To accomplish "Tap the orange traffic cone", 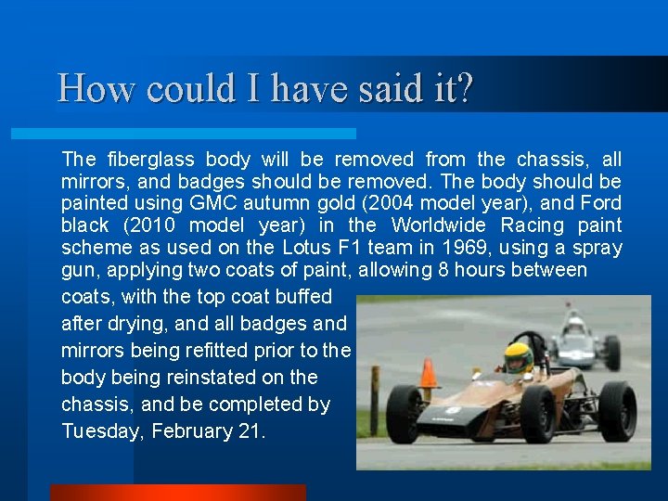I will coord(428,374).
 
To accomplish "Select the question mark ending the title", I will coord(464,89).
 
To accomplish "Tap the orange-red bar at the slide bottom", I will coord(176,493).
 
